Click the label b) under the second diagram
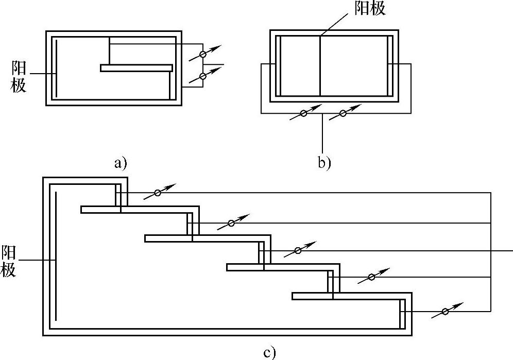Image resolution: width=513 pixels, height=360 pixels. (323, 164)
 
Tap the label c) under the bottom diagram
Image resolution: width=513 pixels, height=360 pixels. (270, 353)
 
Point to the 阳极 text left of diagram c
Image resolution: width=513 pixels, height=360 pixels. (8, 261)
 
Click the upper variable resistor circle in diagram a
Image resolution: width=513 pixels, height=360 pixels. (203, 54)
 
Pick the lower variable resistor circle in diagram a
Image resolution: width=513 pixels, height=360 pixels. (203, 77)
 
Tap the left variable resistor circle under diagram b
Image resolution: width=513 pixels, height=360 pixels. (303, 113)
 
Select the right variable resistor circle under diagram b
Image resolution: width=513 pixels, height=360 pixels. (343, 113)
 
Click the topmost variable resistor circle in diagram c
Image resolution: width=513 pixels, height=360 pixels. (158, 193)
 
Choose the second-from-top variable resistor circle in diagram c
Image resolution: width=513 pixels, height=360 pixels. (231, 223)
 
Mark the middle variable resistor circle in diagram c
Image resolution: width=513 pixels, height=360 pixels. (298, 250)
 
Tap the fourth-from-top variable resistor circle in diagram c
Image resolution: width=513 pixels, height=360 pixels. (371, 278)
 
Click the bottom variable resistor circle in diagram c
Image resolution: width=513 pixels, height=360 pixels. (446, 312)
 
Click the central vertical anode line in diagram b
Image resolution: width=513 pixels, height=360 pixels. (320, 66)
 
